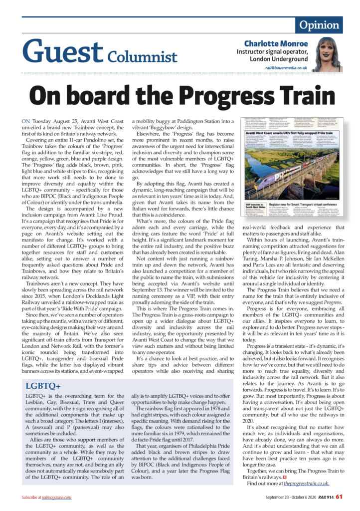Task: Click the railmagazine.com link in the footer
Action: coord(57,497)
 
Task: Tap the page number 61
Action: coord(339,497)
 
